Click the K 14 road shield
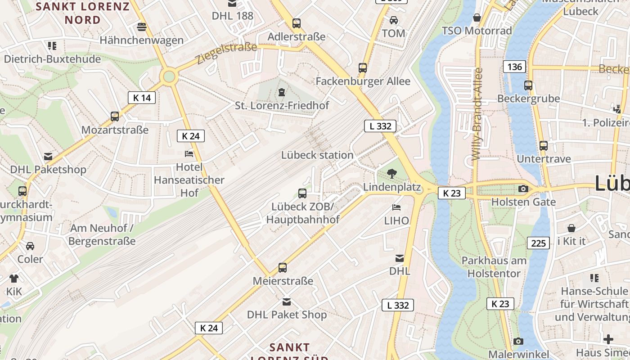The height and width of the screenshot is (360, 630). [x=142, y=98]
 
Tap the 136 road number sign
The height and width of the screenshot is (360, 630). [x=514, y=67]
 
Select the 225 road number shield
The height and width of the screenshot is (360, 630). [x=538, y=243]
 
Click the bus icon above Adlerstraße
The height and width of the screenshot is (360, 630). [x=297, y=23]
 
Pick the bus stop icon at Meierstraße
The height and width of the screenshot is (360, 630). [x=283, y=268]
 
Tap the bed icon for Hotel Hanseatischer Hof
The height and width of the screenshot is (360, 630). [x=189, y=154]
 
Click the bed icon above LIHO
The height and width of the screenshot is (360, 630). [x=396, y=207]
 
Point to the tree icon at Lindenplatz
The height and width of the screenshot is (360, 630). [x=392, y=173]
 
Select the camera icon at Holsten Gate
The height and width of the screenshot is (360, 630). [x=523, y=189]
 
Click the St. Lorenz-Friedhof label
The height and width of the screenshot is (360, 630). [x=282, y=105]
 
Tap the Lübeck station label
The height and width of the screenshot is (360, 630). [x=317, y=155]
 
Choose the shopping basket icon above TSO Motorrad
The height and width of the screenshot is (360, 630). [x=477, y=18]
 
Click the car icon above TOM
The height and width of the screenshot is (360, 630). [x=394, y=20]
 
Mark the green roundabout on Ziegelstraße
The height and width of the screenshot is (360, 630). [x=169, y=77]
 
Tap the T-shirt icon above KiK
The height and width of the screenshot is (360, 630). [x=14, y=278]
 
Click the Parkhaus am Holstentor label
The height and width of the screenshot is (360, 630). [x=494, y=267]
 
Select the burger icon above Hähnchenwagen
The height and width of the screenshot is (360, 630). [x=142, y=27]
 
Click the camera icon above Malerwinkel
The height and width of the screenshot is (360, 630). [x=518, y=341]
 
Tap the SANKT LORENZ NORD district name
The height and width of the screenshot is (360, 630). [x=82, y=13]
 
